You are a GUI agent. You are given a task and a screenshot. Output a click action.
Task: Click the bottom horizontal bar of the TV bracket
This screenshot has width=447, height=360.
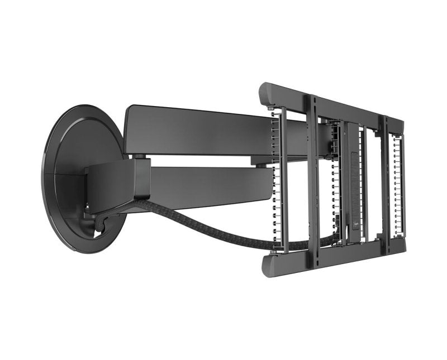335,255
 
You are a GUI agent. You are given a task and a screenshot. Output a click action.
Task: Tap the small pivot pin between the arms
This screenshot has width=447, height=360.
144,159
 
